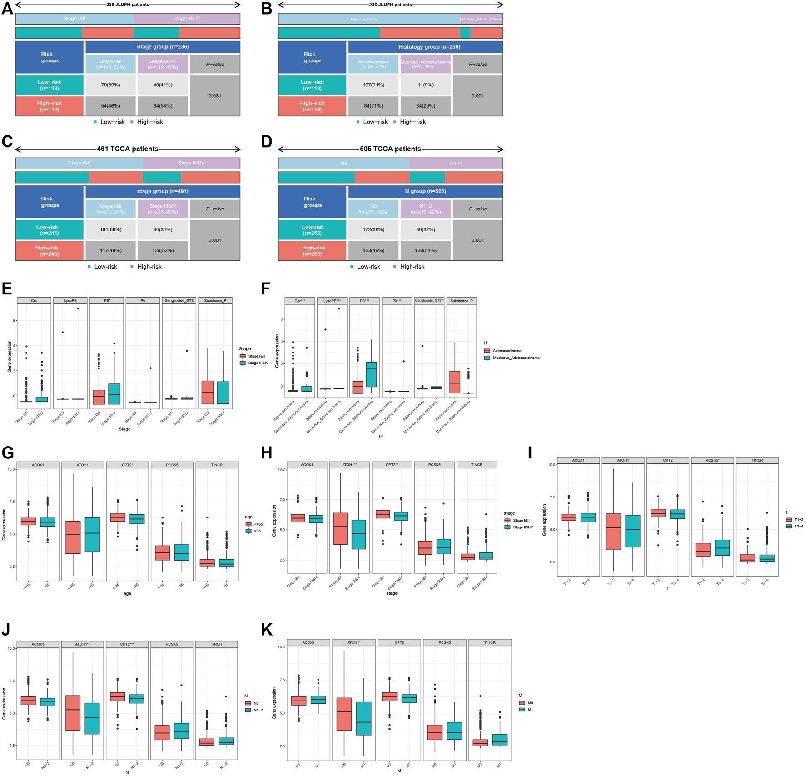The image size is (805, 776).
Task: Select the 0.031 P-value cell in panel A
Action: pos(215,95)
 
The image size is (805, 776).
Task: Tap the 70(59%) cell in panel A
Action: pos(110,85)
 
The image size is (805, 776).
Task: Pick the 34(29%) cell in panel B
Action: pos(426,106)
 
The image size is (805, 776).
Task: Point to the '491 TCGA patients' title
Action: pos(128,149)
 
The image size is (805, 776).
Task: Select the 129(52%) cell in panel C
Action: pos(163,250)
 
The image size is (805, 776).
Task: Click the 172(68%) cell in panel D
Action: pos(373,229)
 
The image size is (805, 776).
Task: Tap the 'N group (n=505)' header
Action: pos(426,191)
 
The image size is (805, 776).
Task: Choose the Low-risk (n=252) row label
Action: pos(313,230)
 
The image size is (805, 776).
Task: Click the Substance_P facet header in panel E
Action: pos(215,301)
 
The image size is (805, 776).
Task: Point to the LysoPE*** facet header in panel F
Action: pos(332,301)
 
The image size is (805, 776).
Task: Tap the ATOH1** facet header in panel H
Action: pos(349,465)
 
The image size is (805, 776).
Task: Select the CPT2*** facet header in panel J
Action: pos(127,644)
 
